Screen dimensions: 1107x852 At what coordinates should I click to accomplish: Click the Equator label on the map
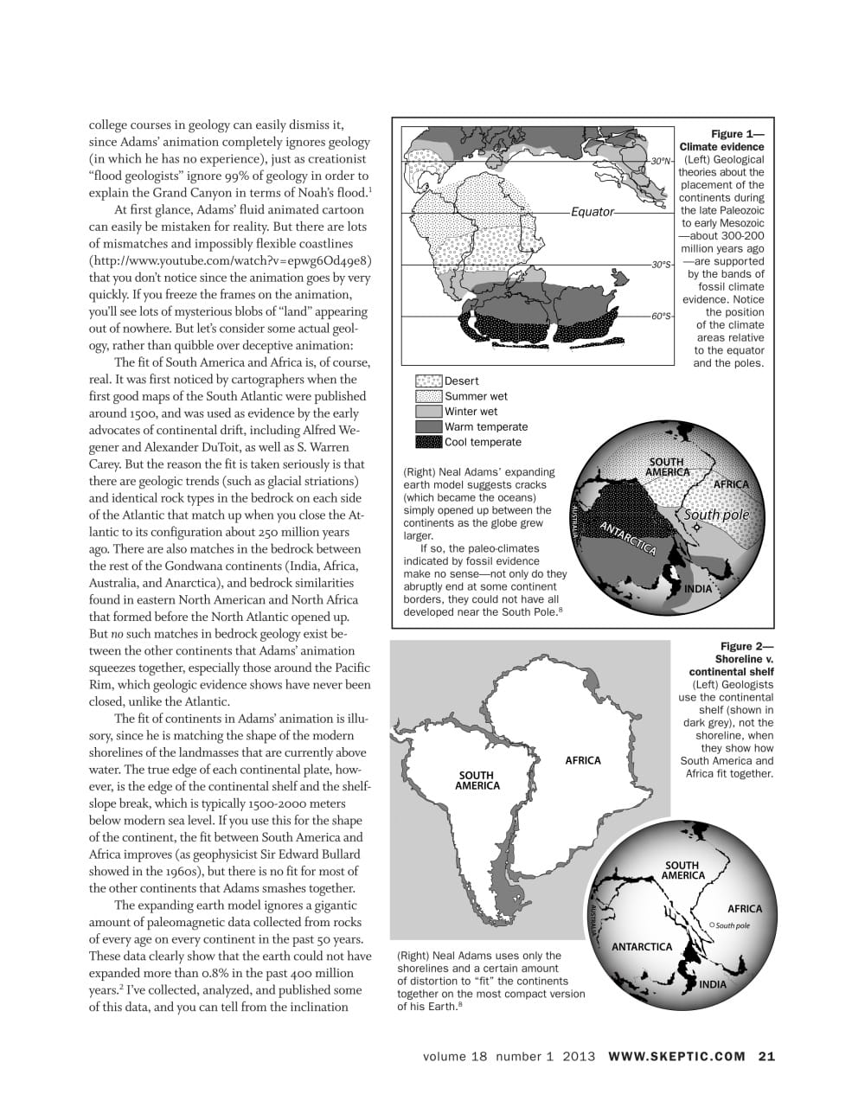(593, 212)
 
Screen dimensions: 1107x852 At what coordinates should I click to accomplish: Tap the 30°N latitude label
(662, 161)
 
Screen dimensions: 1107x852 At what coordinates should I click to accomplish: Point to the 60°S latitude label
(662, 317)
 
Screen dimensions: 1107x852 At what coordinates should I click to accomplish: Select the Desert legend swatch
(429, 381)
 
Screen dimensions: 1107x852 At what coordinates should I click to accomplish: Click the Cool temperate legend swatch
(429, 442)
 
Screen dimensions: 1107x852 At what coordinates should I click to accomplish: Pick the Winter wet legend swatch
(429, 412)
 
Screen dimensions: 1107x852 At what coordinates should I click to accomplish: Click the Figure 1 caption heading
(722, 141)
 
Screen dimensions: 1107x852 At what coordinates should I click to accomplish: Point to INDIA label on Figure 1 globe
(698, 589)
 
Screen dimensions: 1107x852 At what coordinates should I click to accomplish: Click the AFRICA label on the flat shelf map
(583, 760)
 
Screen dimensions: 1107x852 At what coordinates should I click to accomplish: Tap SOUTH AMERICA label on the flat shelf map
(477, 780)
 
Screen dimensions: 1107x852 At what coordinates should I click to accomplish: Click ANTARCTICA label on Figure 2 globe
(642, 947)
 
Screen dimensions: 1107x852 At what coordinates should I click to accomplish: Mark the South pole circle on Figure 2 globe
(711, 925)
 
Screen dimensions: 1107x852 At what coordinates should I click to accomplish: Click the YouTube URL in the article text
(231, 260)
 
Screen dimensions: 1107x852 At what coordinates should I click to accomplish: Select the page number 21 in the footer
(766, 1056)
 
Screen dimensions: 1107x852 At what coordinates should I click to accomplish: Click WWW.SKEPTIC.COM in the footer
(676, 1056)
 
